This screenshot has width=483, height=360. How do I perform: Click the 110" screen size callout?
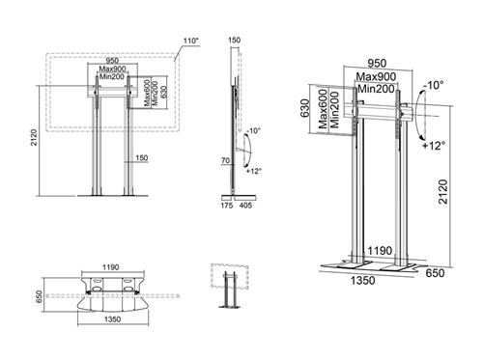coord(191,42)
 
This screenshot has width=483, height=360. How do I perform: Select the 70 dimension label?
coord(225,160)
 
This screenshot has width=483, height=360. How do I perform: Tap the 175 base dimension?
coord(227,206)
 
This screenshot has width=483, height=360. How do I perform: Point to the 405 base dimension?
coord(245,206)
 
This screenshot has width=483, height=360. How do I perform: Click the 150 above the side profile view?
coord(234,41)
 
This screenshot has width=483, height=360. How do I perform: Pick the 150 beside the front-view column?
coord(142,158)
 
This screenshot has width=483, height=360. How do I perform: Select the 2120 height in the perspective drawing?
coord(443,192)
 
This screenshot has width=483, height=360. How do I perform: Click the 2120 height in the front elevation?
coord(34,137)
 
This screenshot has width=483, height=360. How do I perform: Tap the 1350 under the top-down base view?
coord(113,319)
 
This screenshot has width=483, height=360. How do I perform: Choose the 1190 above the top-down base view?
coord(111,267)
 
